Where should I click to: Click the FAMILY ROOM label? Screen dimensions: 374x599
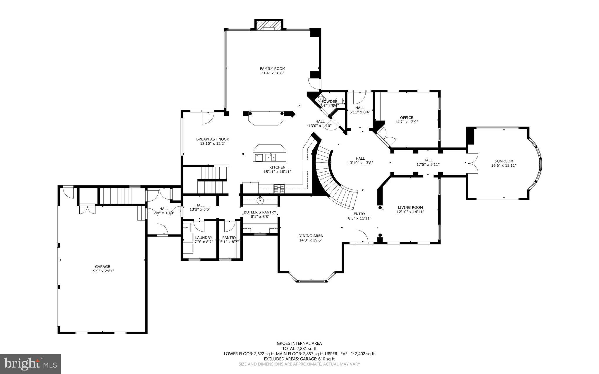tap(272, 69)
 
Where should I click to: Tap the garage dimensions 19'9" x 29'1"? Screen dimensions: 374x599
tap(102, 271)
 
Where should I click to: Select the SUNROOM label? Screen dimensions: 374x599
tap(504, 161)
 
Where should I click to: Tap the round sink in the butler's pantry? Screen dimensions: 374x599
tap(259, 200)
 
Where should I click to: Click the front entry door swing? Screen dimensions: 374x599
tap(362, 236)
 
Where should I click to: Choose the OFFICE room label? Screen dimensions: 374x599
tap(406, 118)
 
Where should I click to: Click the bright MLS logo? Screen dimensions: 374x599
tap(30, 364)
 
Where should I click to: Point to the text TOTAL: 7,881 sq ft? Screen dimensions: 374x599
tap(299, 349)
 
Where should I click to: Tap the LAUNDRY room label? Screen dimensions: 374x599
tap(203, 238)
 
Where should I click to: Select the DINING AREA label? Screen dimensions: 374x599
tap(311, 236)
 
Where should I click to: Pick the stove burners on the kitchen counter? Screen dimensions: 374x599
tap(278, 189)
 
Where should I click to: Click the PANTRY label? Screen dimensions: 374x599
tap(229, 238)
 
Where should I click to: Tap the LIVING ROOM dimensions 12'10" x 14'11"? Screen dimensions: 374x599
tap(410, 212)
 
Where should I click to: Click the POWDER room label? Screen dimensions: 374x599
tap(329, 101)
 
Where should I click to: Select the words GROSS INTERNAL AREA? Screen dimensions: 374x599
tap(299, 344)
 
